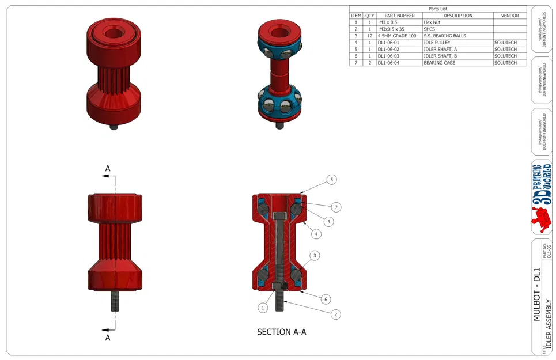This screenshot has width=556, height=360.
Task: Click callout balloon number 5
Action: (x=331, y=180)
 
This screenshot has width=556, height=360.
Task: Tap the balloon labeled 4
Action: (x=316, y=234)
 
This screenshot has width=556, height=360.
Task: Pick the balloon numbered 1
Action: (x=263, y=308)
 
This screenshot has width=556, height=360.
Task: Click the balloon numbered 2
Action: (x=335, y=314)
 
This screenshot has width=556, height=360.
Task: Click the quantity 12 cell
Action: (x=370, y=36)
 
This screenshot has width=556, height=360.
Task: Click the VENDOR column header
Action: (x=510, y=16)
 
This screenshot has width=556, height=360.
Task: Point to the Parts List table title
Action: (x=438, y=9)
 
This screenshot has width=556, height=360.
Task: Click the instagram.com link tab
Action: (x=541, y=132)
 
